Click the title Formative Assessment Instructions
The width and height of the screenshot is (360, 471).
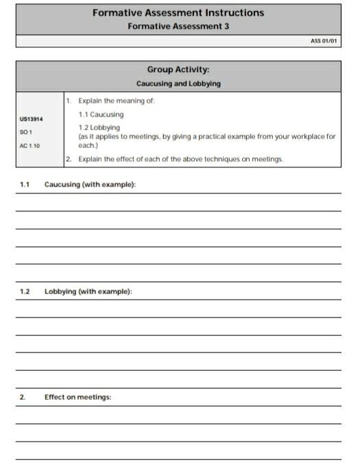click(178, 13)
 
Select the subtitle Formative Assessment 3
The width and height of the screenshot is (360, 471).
click(178, 26)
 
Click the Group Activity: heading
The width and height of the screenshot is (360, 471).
click(178, 70)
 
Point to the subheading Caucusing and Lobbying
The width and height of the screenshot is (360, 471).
click(178, 84)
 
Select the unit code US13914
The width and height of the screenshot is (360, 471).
click(32, 119)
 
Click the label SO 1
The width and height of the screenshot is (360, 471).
click(25, 132)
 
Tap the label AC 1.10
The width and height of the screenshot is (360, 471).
click(29, 145)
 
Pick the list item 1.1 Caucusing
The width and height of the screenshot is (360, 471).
click(101, 114)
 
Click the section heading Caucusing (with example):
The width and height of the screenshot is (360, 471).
click(90, 185)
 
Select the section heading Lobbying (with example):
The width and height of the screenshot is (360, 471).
click(88, 291)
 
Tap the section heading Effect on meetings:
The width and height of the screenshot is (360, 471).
click(77, 397)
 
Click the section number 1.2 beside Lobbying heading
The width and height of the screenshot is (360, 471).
click(25, 291)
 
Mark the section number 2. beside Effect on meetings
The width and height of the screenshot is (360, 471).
click(22, 397)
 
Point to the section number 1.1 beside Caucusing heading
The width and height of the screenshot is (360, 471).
click(25, 185)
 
